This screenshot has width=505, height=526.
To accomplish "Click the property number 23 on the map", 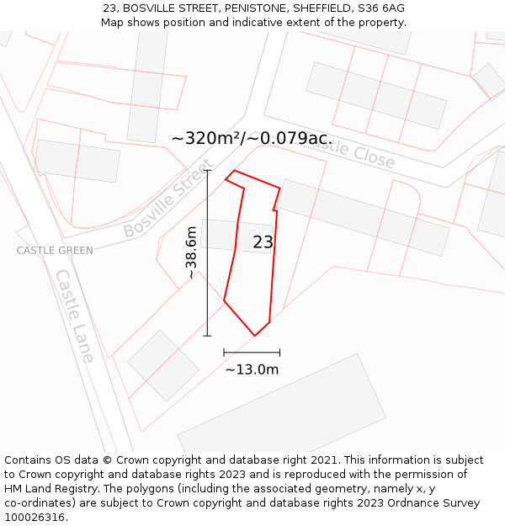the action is pyautogui.click(x=263, y=242).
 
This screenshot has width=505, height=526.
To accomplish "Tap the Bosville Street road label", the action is pyautogui.click(x=166, y=204).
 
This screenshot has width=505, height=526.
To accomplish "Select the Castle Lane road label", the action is pyautogui.click(x=75, y=316).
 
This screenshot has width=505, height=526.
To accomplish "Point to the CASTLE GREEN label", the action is pyautogui.click(x=55, y=251).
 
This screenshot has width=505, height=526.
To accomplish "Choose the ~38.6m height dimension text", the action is pyautogui.click(x=192, y=252).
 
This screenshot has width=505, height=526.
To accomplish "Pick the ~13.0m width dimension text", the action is pyautogui.click(x=252, y=369).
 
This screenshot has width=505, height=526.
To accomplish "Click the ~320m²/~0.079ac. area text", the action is pyautogui.click(x=252, y=139).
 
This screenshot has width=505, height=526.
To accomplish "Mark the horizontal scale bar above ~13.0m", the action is pyautogui.click(x=252, y=353).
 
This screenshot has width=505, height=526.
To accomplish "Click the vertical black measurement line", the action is pyautogui.click(x=207, y=252).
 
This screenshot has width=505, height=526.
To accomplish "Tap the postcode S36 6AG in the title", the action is pyautogui.click(x=381, y=8).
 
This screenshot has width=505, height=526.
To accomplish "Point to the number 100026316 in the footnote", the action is pyautogui.click(x=35, y=518).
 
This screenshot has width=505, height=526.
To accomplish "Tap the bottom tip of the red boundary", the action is pyautogui.click(x=255, y=336).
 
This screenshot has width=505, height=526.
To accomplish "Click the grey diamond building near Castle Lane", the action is pyautogui.click(x=163, y=365).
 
